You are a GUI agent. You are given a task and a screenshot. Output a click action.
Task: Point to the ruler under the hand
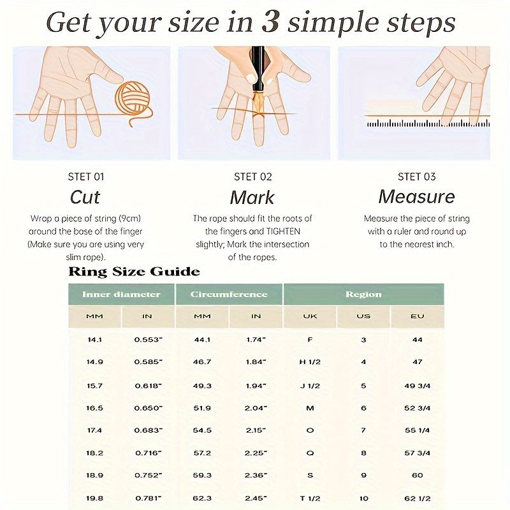pos(428,123)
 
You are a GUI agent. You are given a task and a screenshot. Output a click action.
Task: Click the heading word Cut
pos(85,197)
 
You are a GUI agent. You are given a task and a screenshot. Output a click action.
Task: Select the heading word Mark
pos(252,198)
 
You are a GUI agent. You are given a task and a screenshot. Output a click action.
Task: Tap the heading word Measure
pos(417,197)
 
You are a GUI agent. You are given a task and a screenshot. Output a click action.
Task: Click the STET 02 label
pos(252,177)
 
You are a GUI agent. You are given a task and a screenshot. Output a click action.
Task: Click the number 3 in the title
pos(270,23)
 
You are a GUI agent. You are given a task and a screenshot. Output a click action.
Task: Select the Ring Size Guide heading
pos(134,272)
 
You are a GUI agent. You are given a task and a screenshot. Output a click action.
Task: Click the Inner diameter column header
pos(121,295)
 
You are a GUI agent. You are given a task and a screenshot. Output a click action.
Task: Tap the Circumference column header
pos(229,295)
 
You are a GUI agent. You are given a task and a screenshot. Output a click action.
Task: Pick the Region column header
pos(363,295)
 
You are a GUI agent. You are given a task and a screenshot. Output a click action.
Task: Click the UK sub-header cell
pos(310,316)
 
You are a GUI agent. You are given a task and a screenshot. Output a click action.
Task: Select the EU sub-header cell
pos(418,316)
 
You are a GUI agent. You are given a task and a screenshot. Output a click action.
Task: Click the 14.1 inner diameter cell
pos(94,340)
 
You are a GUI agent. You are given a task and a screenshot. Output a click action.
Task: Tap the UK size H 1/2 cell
pos(310,361)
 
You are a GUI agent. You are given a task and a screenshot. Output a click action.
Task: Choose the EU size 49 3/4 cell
pos(418,386)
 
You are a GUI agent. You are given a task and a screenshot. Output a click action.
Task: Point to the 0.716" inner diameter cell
pos(149,453)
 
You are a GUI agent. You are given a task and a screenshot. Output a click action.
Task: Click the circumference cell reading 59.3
pos(202,475)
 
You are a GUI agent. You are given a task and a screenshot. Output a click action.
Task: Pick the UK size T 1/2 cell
pos(310,499)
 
